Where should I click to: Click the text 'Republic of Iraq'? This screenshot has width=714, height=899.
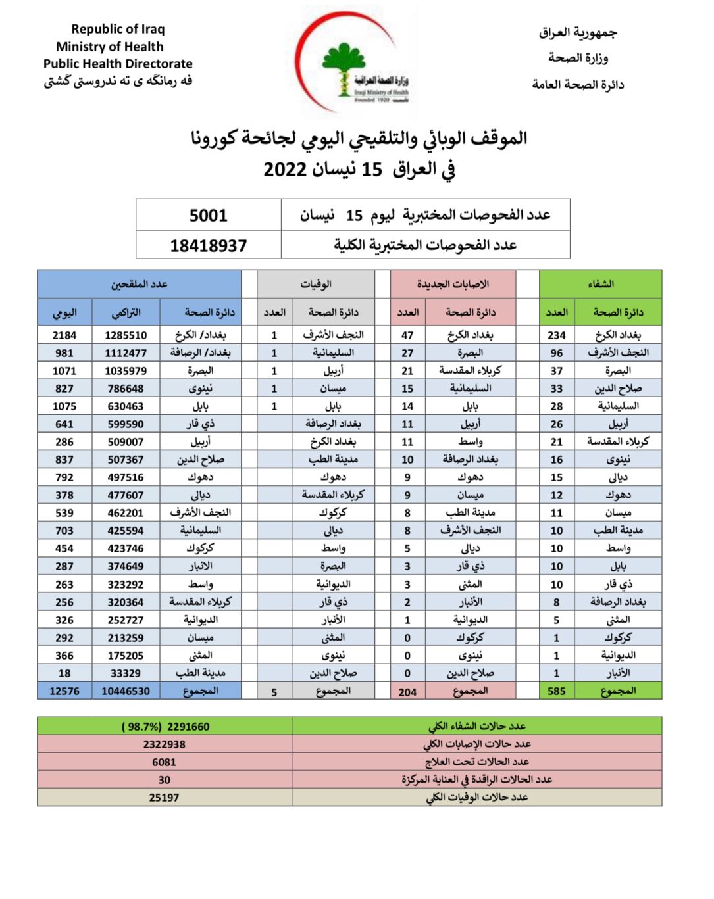pos(118,29)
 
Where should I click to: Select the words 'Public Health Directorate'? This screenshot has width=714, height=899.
pos(118,64)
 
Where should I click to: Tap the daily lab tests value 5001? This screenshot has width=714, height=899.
pos(208,216)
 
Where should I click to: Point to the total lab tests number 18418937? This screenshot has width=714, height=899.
pos(208,246)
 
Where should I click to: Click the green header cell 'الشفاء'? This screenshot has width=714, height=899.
pos(600,284)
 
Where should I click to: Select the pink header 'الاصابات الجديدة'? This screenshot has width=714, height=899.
pos(453,284)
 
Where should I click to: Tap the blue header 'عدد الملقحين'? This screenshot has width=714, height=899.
pos(139,284)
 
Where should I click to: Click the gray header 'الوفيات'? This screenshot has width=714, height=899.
pos(316,284)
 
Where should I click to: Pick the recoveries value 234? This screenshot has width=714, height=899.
pos(557,335)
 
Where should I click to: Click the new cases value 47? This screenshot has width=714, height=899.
pos(407,335)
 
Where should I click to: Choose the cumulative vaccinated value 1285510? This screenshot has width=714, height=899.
pos(126,335)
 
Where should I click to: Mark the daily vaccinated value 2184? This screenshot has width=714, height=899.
pos(64,335)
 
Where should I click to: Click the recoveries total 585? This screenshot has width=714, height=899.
pos(557,691)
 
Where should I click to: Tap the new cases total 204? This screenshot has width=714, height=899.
pos(407,692)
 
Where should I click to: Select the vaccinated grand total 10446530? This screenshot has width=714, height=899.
pos(126,691)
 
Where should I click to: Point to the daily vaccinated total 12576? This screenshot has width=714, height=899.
pos(64,691)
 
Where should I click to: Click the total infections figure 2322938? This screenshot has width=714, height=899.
pos(164,744)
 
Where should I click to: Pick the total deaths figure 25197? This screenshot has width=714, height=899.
pos(164,798)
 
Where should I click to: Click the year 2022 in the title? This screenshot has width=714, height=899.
pos(286,170)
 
